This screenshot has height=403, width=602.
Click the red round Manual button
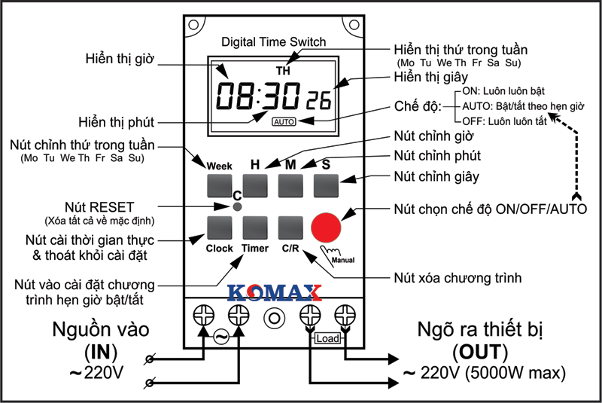326,227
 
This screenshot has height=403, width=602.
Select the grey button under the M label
290,185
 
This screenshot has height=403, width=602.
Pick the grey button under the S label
326,185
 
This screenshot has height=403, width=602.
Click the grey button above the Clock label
219,227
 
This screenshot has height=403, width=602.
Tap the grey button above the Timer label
255,227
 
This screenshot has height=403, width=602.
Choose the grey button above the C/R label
290,227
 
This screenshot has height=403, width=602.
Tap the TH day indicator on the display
282,71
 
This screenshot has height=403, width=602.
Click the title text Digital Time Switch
272,42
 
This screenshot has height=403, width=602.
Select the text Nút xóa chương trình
458,279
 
